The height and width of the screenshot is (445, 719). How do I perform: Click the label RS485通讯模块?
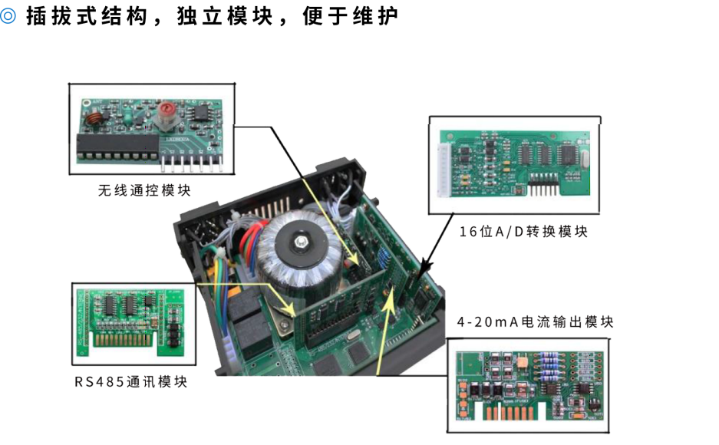130,381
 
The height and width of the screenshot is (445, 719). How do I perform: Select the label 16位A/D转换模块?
523,232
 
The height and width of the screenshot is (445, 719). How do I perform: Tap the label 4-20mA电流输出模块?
535,322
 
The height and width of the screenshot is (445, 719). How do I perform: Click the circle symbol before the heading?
8,16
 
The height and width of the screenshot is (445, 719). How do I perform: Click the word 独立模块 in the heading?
236,16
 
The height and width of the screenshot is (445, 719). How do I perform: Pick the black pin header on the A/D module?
541,189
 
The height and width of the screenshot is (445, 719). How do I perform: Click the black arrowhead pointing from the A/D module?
419,271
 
